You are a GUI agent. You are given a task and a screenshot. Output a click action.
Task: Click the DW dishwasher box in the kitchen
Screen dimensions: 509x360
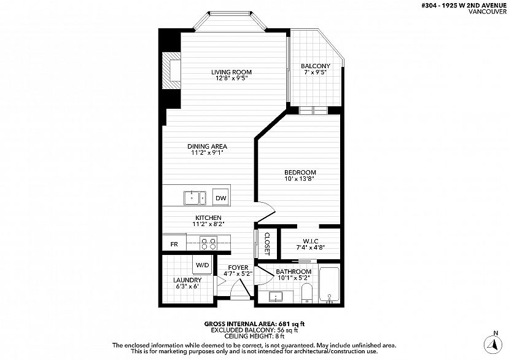coord(221,197)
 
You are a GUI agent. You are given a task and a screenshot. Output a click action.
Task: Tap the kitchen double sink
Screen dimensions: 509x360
coord(195,198)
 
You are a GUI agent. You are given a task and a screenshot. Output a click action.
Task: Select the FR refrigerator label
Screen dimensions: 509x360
coord(174,245)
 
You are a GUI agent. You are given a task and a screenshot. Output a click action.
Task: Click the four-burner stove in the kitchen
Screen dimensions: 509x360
coord(208,243)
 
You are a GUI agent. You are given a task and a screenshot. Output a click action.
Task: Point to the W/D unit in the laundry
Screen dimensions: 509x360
coord(202,265)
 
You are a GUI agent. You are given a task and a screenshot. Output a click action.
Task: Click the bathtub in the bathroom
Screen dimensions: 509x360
coord(329,285)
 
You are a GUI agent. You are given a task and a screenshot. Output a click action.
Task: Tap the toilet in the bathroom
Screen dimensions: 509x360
coord(306,293)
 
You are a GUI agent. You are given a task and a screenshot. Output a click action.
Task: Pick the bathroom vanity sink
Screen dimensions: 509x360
coord(276,296)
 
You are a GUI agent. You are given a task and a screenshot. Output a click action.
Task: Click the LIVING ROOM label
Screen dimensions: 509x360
coord(231,72)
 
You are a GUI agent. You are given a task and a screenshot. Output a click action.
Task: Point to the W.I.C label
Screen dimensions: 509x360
coord(310,241)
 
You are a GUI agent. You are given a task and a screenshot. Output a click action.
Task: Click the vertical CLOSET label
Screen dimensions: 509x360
coord(267,243)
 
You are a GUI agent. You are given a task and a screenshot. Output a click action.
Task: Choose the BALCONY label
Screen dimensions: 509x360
coord(315,66)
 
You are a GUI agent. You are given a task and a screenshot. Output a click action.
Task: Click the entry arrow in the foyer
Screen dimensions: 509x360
coord(221,281)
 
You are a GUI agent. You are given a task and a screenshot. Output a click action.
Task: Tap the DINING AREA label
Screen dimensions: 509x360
coord(207,146)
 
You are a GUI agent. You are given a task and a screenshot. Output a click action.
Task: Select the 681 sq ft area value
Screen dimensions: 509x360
coord(290,324)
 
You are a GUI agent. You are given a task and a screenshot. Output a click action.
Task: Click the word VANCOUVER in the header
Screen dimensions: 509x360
coord(488,12)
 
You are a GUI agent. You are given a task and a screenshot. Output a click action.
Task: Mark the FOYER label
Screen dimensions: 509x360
coord(238,268)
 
